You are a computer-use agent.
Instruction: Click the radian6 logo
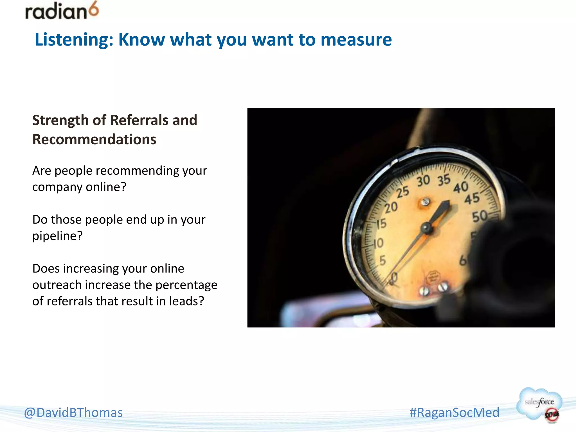[x=62, y=11]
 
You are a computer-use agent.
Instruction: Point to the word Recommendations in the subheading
[x=94, y=139]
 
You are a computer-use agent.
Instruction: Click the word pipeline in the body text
[x=55, y=236]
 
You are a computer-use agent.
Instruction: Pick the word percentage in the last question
[x=186, y=285]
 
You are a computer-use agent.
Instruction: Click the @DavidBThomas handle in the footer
[x=73, y=413]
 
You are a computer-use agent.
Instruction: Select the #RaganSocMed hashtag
[x=454, y=413]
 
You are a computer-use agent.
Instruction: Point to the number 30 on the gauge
[x=423, y=181]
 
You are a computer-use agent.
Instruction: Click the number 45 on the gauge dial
[x=472, y=199]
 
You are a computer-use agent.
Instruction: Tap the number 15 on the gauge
[x=382, y=224]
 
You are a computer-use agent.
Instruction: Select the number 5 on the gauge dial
[x=382, y=261]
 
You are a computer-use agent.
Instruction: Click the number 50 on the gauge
[x=480, y=216]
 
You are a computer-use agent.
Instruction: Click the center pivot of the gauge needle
[x=427, y=228]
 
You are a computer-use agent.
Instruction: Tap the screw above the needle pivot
[x=425, y=202]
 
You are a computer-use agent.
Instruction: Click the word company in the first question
[x=57, y=187]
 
